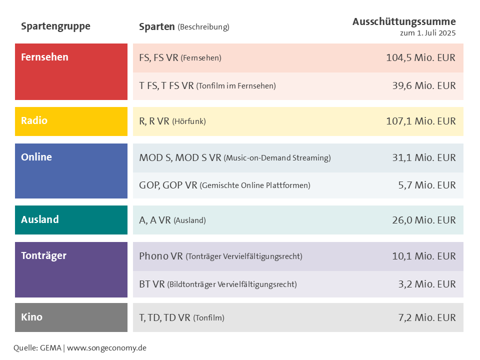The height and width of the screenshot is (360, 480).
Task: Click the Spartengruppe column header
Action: [55, 26]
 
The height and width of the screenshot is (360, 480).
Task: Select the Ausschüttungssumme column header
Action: [404, 21]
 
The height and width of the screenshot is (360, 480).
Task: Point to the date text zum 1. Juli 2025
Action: [427, 33]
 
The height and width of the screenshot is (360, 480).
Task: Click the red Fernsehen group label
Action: [45, 57]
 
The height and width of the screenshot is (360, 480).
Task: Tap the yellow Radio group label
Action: [34, 120]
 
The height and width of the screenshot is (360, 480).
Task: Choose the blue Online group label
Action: [36, 157]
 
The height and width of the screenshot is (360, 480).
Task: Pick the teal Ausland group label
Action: [40, 219]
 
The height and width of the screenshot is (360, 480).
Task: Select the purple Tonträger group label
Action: [43, 255]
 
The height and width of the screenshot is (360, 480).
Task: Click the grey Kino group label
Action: [31, 317]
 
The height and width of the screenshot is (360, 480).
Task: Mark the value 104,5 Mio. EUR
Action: [420, 57]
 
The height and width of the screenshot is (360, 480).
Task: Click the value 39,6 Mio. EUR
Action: [423, 85]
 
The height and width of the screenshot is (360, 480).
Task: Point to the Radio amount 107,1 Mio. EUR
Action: [420, 121]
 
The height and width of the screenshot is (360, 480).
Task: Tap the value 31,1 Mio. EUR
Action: [423, 157]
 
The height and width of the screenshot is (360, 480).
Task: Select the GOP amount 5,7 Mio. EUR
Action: [427, 185]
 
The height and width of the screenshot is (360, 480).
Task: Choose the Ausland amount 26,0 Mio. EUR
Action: [423, 220]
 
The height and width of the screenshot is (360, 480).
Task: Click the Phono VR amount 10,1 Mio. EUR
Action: [423, 256]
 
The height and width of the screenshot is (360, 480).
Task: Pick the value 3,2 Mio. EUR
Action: [427, 284]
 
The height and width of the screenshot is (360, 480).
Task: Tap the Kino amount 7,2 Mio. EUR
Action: [427, 317]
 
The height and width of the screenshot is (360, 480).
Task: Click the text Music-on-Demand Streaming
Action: [277, 158]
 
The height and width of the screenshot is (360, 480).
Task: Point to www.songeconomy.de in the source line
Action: [106, 347]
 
